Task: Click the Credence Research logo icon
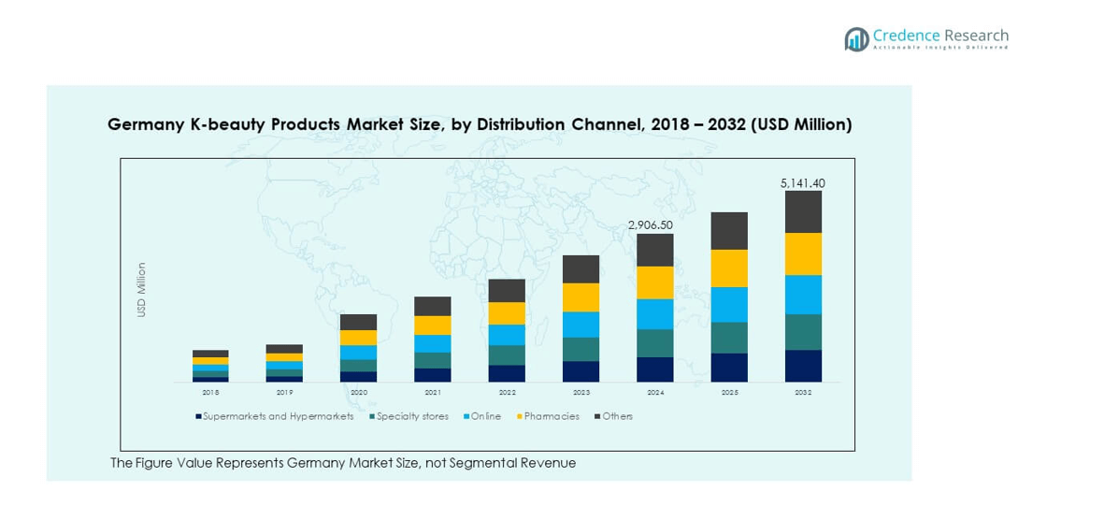pyautogui.click(x=856, y=39)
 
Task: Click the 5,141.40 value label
pyautogui.click(x=803, y=183)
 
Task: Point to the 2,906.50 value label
pyautogui.click(x=650, y=225)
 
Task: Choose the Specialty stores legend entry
pyautogui.click(x=409, y=416)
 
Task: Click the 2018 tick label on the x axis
pyautogui.click(x=210, y=393)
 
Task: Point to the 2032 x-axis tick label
pyautogui.click(x=803, y=393)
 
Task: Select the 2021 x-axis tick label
pyautogui.click(x=433, y=393)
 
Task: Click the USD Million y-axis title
pyautogui.click(x=142, y=290)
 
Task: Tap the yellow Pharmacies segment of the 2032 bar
pyautogui.click(x=803, y=253)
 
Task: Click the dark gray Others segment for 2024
pyautogui.click(x=655, y=250)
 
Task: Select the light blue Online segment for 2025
pyautogui.click(x=729, y=304)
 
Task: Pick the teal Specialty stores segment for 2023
pyautogui.click(x=581, y=349)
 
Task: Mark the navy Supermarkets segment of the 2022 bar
pyautogui.click(x=507, y=373)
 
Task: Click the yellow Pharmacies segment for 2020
pyautogui.click(x=358, y=338)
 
